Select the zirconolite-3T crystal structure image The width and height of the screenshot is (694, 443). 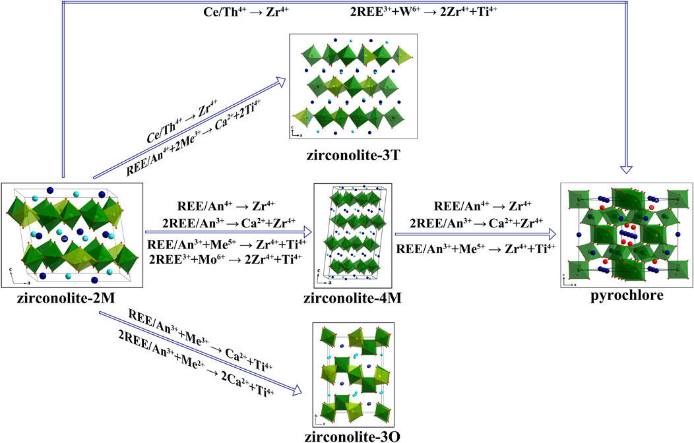(x=353, y=87)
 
